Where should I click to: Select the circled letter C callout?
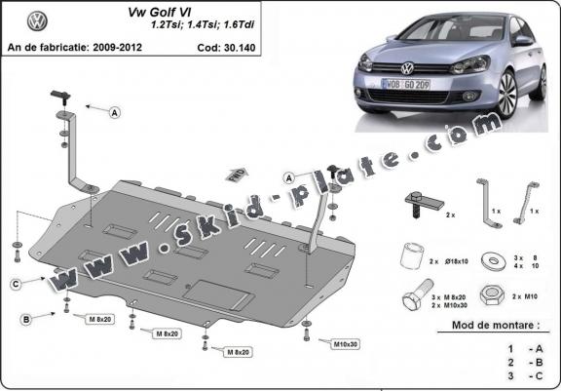click(x=17, y=283)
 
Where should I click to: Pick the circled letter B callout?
click(x=26, y=319)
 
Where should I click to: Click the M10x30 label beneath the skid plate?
click(x=343, y=344)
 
